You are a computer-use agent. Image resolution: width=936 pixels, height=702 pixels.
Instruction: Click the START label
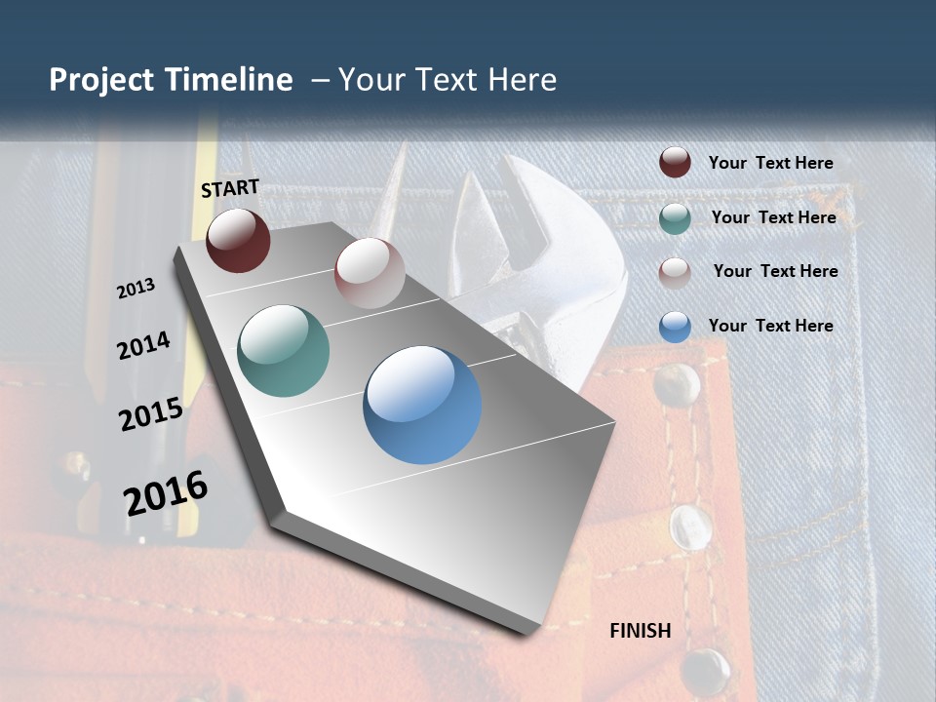click(230, 188)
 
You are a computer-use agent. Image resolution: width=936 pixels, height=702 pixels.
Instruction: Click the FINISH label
click(641, 631)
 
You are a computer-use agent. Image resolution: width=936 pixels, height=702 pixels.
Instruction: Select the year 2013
click(136, 289)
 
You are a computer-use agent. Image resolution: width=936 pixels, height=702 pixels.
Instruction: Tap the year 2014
click(143, 345)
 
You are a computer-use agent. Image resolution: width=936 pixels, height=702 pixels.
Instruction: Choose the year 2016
click(166, 493)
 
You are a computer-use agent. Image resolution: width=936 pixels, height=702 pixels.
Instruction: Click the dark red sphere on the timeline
click(238, 240)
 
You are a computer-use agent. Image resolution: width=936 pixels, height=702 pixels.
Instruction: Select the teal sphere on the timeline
click(283, 351)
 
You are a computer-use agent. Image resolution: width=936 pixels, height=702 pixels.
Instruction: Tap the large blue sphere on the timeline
click(422, 405)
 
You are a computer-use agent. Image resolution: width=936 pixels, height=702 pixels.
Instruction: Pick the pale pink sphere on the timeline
click(370, 272)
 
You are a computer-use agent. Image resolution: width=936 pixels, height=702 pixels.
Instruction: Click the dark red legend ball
click(675, 163)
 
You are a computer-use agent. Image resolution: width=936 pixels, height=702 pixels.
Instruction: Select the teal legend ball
click(675, 217)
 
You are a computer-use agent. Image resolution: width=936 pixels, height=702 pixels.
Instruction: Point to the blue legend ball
click(675, 326)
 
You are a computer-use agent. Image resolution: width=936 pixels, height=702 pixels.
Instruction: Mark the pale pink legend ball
click(675, 272)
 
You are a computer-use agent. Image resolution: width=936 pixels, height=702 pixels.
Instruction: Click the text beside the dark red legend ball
click(770, 163)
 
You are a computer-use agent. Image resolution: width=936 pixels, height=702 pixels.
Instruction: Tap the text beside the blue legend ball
click(770, 326)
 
